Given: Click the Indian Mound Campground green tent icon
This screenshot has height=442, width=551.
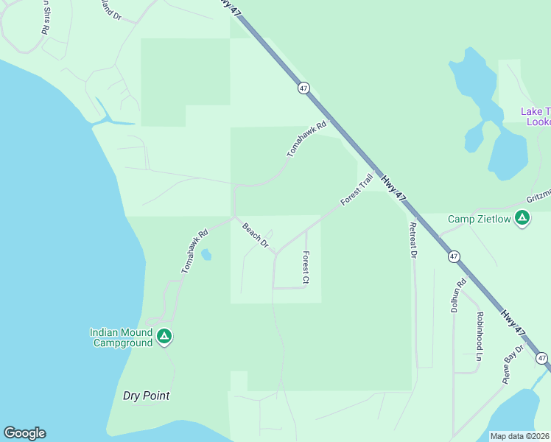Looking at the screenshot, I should click(164, 337).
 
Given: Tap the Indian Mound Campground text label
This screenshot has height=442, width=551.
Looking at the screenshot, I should click(121, 337).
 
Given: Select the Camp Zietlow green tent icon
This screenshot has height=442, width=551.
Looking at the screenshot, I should click(522, 217).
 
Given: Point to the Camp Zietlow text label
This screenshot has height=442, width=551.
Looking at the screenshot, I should click(480, 219).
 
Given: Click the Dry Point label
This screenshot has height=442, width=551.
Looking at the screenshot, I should click(146, 396).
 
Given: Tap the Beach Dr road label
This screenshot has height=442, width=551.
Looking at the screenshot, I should click(256, 235).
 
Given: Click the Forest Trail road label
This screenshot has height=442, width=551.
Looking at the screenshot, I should click(357, 190).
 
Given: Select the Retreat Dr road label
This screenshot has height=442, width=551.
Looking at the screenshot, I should click(413, 240).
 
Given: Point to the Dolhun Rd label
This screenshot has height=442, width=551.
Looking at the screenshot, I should click(459, 295).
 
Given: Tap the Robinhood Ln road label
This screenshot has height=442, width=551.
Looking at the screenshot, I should click(479, 336).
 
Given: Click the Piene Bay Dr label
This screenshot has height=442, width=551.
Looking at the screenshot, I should click(513, 364).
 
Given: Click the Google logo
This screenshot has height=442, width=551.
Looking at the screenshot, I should click(24, 433).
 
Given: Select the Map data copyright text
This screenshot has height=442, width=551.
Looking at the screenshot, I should click(520, 436).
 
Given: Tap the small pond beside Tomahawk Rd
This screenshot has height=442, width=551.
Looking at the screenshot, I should click(206, 255).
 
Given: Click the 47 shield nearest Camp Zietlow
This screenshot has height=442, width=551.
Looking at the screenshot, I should click(454, 256).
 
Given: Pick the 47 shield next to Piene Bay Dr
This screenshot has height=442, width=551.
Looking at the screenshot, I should click(542, 358).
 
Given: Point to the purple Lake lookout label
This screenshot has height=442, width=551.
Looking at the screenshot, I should click(535, 116).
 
